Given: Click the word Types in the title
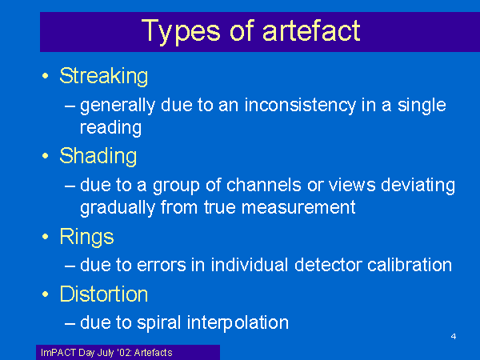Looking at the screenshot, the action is pyautogui.click(x=181, y=31).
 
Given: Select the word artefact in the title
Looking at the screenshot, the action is pyautogui.click(x=311, y=30).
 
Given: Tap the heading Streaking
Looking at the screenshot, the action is pyautogui.click(x=104, y=76).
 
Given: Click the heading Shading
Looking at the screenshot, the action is pyautogui.click(x=98, y=157).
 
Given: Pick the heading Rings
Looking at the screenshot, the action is pyautogui.click(x=86, y=237).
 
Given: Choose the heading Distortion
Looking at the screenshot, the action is pyautogui.click(x=104, y=294).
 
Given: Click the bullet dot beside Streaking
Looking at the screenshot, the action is pyautogui.click(x=46, y=76).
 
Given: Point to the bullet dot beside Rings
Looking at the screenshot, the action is pyautogui.click(x=46, y=236).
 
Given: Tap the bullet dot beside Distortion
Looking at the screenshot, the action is pyautogui.click(x=46, y=294).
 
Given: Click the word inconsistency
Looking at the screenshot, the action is pyautogui.click(x=300, y=106).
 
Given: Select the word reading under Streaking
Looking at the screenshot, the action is pyautogui.click(x=110, y=128).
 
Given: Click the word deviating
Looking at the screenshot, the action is pyautogui.click(x=418, y=186).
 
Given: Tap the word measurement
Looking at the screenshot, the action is pyautogui.click(x=298, y=208).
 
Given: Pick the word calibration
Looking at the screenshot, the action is pyautogui.click(x=410, y=265).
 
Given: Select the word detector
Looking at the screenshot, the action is pyautogui.click(x=328, y=265).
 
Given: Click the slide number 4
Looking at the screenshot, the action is pyautogui.click(x=454, y=337).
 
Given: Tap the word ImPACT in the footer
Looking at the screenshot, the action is pyautogui.click(x=58, y=353).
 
